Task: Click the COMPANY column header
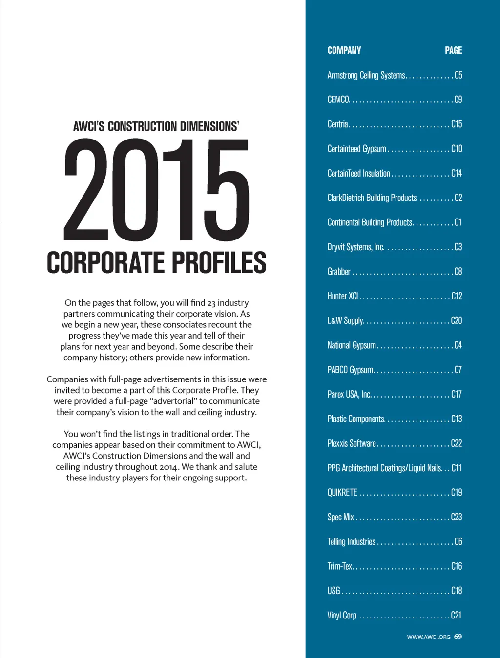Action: (344, 50)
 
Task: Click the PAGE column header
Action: (453, 50)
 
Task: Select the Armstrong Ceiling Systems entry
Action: (366, 75)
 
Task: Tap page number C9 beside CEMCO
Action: (458, 100)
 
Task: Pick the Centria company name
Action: (337, 124)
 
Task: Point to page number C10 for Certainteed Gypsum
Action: (457, 149)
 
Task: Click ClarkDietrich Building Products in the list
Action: (372, 198)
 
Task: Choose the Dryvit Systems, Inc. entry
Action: (356, 247)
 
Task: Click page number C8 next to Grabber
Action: (458, 271)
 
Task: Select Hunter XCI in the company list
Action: (343, 296)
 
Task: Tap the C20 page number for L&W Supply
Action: (457, 320)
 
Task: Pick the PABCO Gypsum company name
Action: (350, 370)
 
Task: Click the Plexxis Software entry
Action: (352, 443)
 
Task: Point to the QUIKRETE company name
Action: (342, 493)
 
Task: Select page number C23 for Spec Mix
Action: (457, 517)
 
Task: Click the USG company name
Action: (333, 591)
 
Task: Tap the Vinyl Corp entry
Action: (342, 615)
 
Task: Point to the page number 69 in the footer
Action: (458, 637)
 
